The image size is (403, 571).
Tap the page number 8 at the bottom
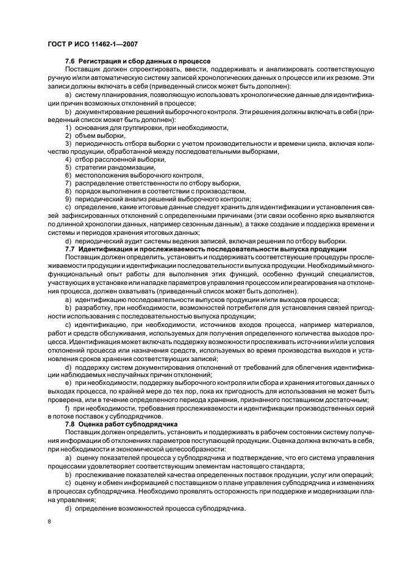pyautogui.click(x=50, y=522)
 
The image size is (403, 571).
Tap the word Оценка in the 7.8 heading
pyautogui.click(x=94, y=423)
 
